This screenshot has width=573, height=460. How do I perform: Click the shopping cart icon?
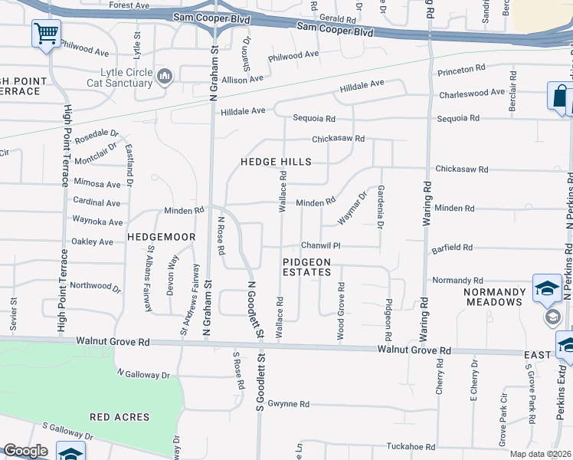[46, 34]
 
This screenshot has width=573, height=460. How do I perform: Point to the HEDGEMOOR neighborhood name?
[162, 237]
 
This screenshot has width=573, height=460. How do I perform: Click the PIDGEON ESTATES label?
[306, 267]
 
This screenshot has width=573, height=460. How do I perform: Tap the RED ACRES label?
[114, 417]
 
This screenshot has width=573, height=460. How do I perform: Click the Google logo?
[25, 451]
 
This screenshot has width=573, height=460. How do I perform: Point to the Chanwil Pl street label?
[319, 245]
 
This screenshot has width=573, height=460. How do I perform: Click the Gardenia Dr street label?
[380, 207]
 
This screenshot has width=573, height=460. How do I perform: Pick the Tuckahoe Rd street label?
[411, 446]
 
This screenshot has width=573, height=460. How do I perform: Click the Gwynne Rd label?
[293, 404]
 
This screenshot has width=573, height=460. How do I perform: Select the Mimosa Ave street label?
[97, 184]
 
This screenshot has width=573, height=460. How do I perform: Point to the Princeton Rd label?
[461, 70]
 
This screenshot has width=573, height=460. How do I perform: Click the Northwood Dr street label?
[95, 287]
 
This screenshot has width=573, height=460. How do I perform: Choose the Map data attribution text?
[540, 454]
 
